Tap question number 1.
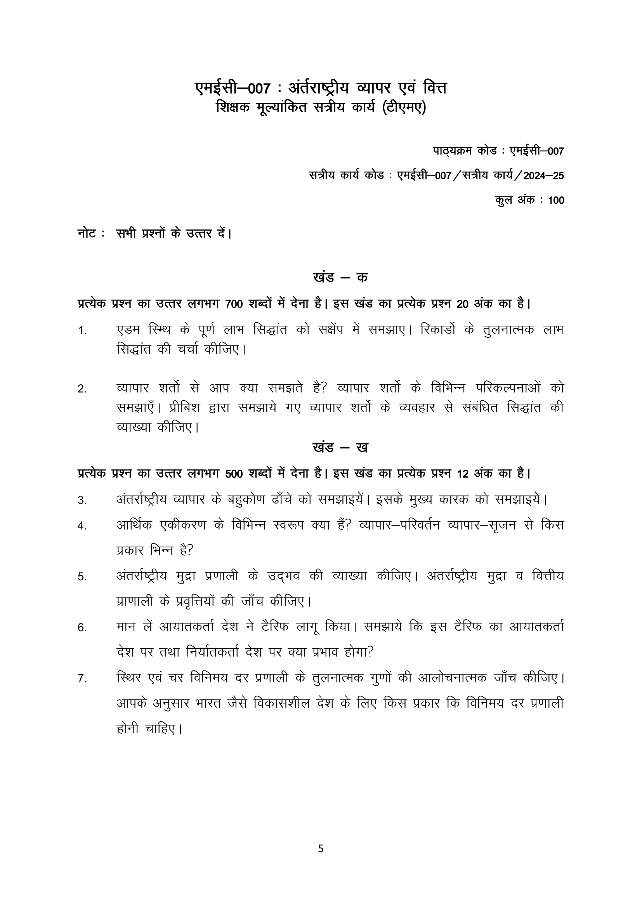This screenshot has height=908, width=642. (82, 331)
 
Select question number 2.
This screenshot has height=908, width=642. (82, 389)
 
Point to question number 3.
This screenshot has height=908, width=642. (82, 501)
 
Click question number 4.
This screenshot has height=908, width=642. (82, 526)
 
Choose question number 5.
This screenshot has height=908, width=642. (82, 577)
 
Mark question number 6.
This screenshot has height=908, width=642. (82, 628)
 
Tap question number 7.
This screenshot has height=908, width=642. (82, 679)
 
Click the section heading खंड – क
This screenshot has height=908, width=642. (340, 278)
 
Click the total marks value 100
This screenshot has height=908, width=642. (556, 200)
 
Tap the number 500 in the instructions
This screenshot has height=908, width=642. (234, 474)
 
